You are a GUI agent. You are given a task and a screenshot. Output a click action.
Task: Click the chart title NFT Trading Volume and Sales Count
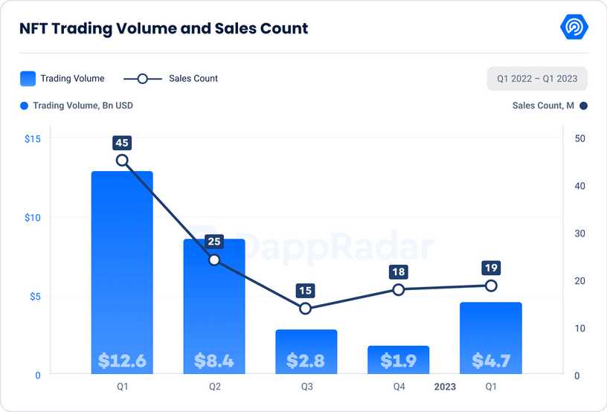coord(164,28)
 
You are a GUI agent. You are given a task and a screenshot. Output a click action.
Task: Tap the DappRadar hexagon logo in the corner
coord(574,28)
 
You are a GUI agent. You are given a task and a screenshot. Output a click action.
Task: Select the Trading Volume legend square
coord(28,78)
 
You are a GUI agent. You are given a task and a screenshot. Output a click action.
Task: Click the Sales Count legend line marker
coord(143,78)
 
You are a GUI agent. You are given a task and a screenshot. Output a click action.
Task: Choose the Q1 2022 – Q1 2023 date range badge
coord(537,78)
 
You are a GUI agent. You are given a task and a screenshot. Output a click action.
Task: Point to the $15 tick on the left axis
coord(32,139)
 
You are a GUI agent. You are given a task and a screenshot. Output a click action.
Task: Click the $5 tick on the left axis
coord(34,297)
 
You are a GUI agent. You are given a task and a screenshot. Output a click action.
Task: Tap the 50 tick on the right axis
coord(580,139)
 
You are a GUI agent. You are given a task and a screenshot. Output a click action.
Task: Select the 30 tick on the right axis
coord(580,234)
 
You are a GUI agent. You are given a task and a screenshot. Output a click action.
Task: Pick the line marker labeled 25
coord(214,260)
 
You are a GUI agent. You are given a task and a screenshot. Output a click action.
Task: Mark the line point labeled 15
coord(306,308)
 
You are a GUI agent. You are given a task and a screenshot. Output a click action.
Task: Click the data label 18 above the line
coord(398,272)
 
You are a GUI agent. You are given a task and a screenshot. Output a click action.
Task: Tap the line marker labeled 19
coord(491,286)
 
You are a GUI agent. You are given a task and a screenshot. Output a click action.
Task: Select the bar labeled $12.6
coord(122,268)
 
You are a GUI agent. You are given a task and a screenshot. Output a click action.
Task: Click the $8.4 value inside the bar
coord(214,361)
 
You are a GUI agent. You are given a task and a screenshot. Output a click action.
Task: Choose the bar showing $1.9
coord(398,359)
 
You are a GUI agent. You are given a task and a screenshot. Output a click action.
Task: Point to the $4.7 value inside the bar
coord(491,361)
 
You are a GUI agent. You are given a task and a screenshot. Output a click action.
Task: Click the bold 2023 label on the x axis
coord(445,387)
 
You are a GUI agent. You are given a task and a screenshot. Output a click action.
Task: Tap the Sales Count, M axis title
coord(543,106)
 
